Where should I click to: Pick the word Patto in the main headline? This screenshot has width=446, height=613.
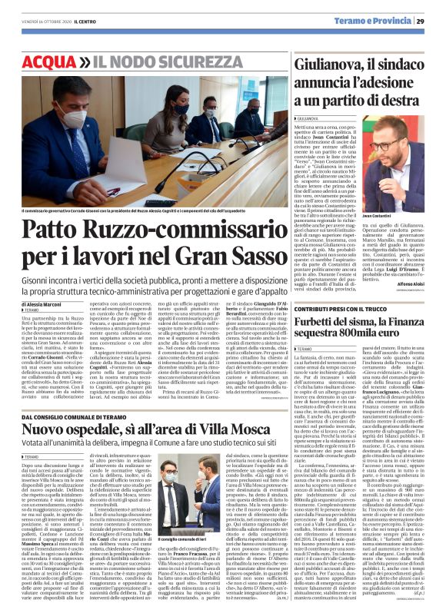pos(55,230)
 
